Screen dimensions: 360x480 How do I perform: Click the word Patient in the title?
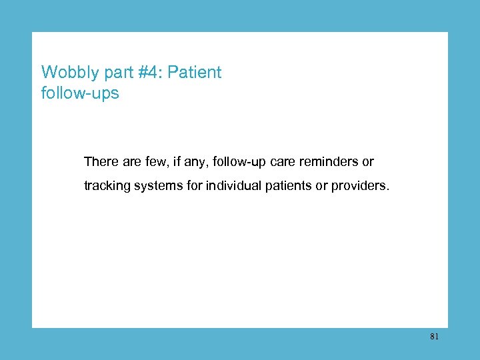click(195, 73)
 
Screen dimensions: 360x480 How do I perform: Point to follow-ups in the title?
click(80, 93)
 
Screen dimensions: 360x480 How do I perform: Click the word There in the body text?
click(99, 162)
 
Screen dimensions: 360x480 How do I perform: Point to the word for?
click(195, 186)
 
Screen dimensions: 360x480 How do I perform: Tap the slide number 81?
click(434, 337)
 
